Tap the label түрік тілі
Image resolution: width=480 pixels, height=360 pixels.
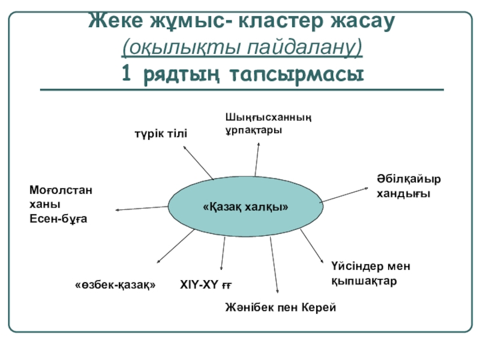click(x=160, y=133)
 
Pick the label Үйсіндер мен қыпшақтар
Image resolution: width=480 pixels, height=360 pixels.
click(x=370, y=273)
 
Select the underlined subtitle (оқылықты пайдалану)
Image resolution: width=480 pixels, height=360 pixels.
click(x=242, y=47)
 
